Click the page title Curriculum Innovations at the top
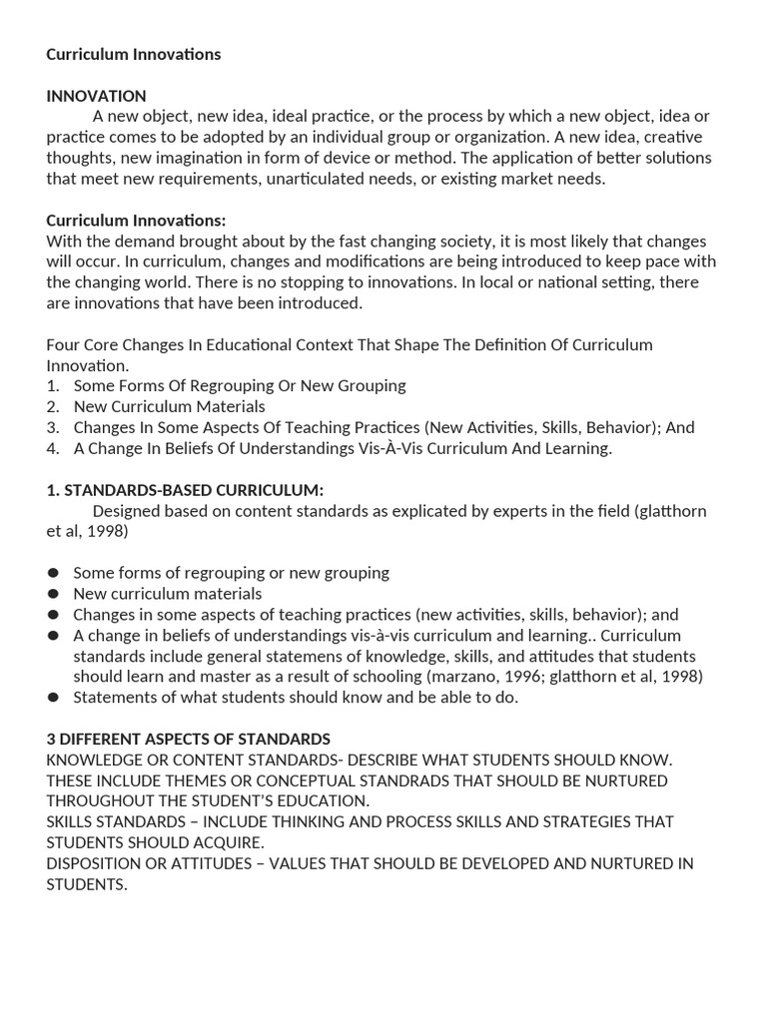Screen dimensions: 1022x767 coord(133,54)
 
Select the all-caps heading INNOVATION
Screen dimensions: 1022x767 coord(96,96)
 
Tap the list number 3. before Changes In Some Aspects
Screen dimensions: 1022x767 coord(53,427)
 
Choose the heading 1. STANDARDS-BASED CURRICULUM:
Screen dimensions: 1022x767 coord(185,490)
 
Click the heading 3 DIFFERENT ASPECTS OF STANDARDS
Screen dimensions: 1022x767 coord(188,739)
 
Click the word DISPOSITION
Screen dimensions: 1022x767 coord(95,863)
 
